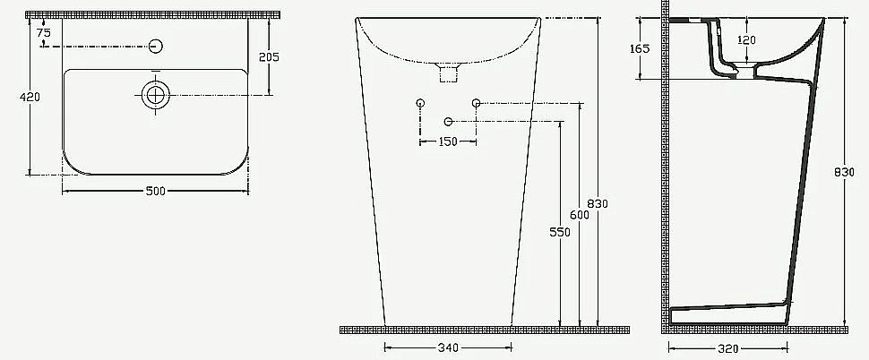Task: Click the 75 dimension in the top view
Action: (44, 32)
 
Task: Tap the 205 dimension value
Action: (268, 56)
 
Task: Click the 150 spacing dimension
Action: (448, 141)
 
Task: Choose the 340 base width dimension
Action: (448, 347)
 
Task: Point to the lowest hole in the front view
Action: (448, 121)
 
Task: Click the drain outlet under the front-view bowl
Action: (445, 72)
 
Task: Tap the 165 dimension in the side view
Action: (639, 49)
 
